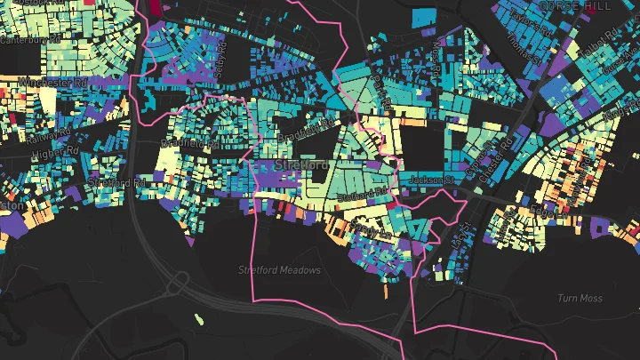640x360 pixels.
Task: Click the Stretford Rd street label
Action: point(116,183)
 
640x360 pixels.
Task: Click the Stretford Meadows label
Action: point(279,269)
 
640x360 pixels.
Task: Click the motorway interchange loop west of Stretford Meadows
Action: point(179,284)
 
